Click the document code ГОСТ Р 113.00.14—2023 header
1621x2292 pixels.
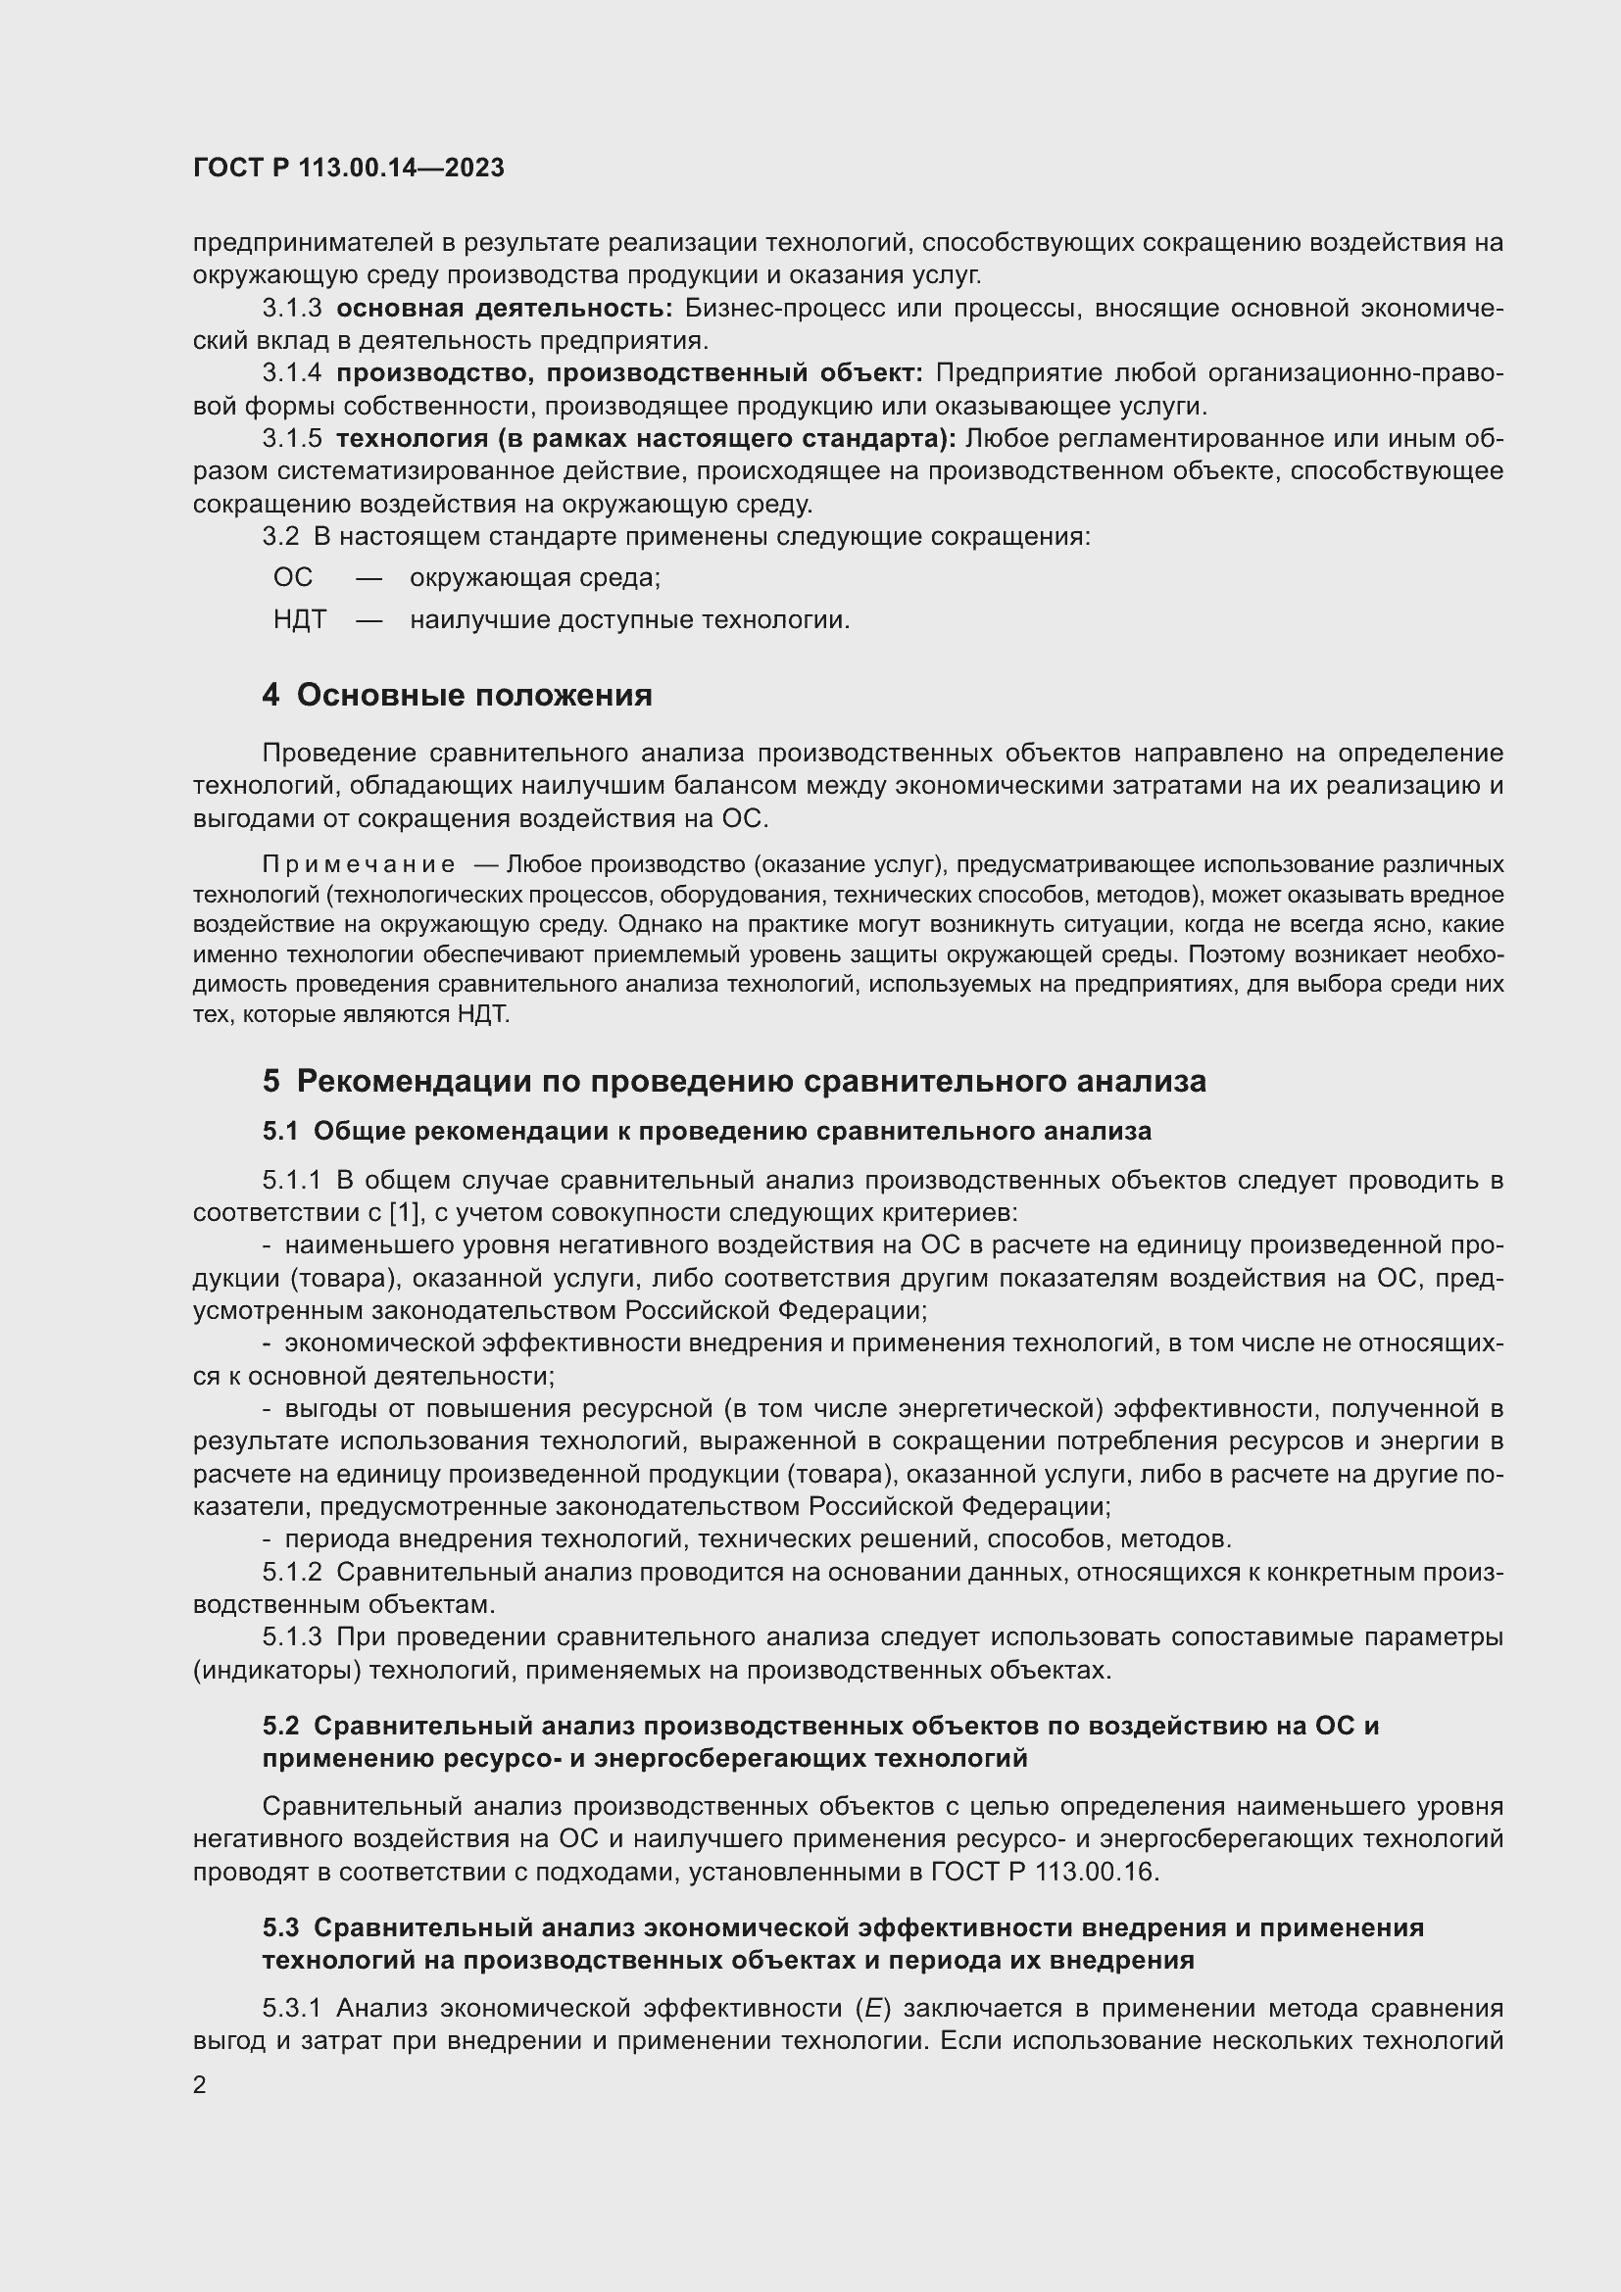pyautogui.click(x=348, y=168)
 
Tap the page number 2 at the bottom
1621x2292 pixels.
pyautogui.click(x=200, y=2084)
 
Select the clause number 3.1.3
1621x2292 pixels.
pyautogui.click(x=292, y=309)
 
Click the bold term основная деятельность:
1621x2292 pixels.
pyautogui.click(x=504, y=309)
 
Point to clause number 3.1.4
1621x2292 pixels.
pyautogui.click(x=292, y=373)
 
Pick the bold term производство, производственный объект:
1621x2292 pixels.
pyautogui.click(x=629, y=373)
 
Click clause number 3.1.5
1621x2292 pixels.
pyautogui.click(x=292, y=438)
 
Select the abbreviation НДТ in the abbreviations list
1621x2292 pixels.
pyautogui.click(x=300, y=620)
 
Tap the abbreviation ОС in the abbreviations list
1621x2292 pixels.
pyautogui.click(x=292, y=577)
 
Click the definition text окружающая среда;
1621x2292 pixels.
pyautogui.click(x=535, y=578)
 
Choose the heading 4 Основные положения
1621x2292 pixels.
pyautogui.click(x=457, y=695)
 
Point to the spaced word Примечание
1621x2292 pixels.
pyautogui.click(x=359, y=863)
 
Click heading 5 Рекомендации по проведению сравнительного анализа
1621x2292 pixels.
pyautogui.click(x=734, y=1081)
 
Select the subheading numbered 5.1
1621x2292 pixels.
pyautogui.click(x=280, y=1131)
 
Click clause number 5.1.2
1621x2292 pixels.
pyautogui.click(x=292, y=1572)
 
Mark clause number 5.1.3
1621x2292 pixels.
pyautogui.click(x=292, y=1637)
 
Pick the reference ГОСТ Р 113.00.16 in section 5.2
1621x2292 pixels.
pyautogui.click(x=1043, y=1872)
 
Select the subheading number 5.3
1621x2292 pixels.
pyautogui.click(x=280, y=1927)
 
